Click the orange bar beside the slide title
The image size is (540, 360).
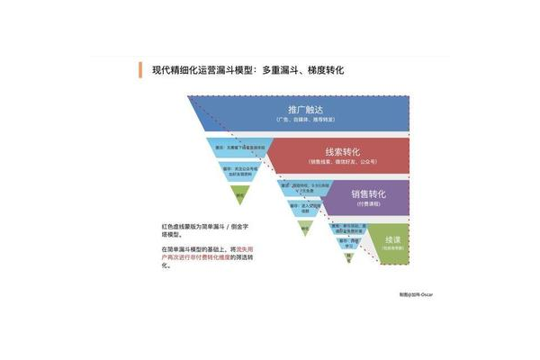(141, 69)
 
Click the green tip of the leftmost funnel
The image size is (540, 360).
(239, 193)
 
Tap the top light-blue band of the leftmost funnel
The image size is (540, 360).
(239, 147)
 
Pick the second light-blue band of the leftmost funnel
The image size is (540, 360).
(239, 168)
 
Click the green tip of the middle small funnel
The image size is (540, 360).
(304, 229)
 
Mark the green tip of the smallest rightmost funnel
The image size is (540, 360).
(348, 259)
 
